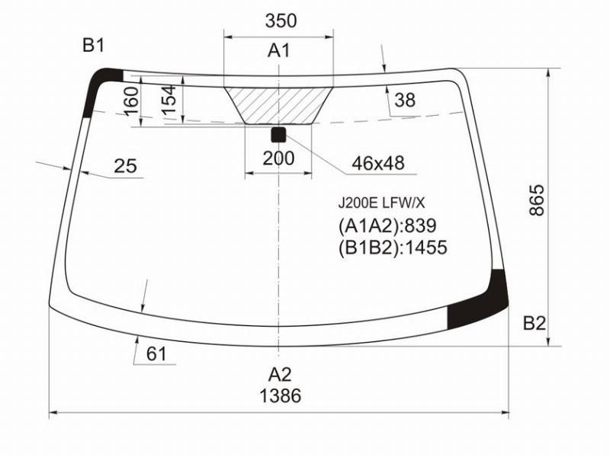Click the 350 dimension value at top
pyautogui.click(x=281, y=21)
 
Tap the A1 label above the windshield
pyautogui.click(x=279, y=50)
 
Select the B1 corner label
pyautogui.click(x=93, y=46)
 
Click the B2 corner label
pyautogui.click(x=535, y=323)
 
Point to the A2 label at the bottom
pyautogui.click(x=279, y=375)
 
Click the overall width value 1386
pyautogui.click(x=280, y=395)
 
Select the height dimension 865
pyautogui.click(x=537, y=200)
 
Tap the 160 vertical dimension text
pyautogui.click(x=131, y=101)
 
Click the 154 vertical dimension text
pyautogui.click(x=169, y=101)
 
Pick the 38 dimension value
pyautogui.click(x=405, y=100)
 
